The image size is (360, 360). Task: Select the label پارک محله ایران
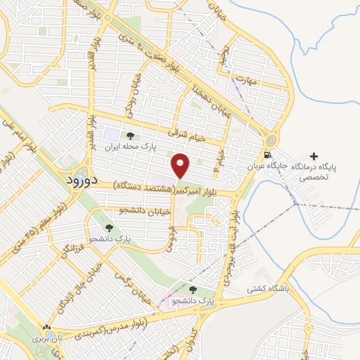click(129, 148)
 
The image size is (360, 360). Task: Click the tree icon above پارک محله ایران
click(129, 136)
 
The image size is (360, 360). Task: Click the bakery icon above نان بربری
click(47, 327)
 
